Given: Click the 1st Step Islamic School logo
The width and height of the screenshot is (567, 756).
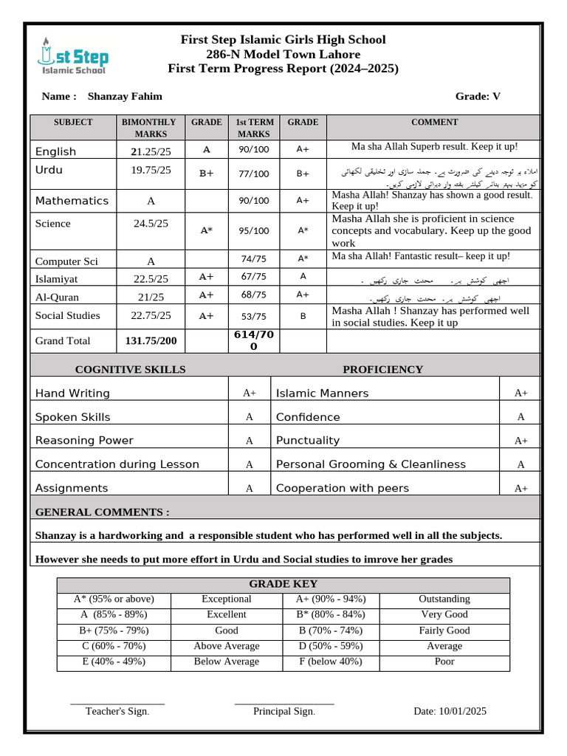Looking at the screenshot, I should coord(72,56).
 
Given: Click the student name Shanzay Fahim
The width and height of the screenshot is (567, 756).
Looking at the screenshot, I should coord(125,97).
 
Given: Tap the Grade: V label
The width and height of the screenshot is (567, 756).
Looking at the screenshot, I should coord(478,97).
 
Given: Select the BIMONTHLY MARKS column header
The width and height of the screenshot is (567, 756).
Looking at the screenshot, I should coord(150,128).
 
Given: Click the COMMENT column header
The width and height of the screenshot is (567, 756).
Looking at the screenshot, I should coord(434,123).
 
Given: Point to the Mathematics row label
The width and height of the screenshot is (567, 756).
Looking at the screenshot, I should coord(72,201).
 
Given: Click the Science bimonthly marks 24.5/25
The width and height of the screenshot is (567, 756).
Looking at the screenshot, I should coord(151,223).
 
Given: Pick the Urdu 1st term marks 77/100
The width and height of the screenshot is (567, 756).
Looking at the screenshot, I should coord(254,174).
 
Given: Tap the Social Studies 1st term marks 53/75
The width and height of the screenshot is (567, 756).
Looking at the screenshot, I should coord(254,316).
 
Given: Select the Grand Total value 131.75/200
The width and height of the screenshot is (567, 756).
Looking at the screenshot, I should coord(151,341).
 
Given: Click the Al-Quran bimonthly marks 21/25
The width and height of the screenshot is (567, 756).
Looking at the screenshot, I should coord(151,297).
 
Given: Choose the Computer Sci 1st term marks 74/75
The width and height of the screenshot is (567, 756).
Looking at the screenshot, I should coord(254,258).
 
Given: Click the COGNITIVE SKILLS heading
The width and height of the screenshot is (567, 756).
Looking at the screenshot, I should coord(131,370).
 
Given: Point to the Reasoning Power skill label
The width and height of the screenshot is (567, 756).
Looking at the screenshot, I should coord(84,441).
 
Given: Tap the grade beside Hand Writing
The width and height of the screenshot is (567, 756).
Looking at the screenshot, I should coord(250,394).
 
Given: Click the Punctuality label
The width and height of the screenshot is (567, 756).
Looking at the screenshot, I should coord(307,441).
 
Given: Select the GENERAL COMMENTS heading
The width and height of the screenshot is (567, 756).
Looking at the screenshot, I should coord(103,512).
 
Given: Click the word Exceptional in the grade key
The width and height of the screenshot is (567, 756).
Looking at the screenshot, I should coord(227,599).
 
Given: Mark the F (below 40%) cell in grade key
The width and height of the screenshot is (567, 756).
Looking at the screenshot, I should coord(331,661).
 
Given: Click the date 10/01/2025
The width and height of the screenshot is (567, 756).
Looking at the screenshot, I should coord(450,712).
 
